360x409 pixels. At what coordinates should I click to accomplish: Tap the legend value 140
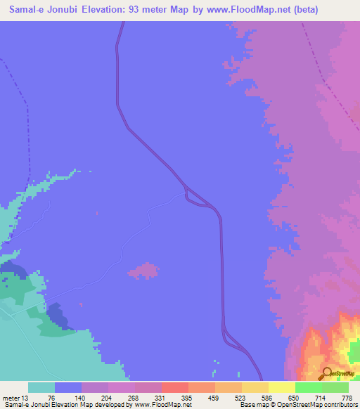[81, 396]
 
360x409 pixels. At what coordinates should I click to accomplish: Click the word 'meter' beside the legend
[12, 396]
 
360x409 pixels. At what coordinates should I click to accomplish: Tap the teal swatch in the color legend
[41, 387]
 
